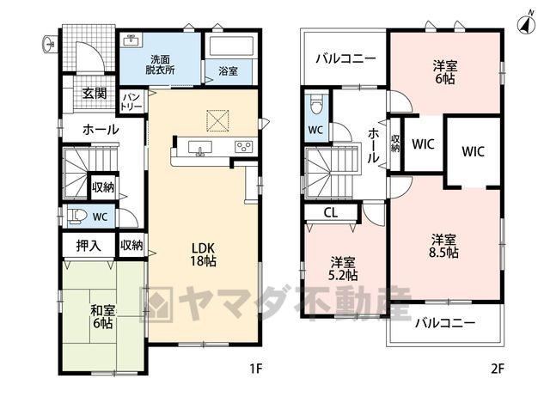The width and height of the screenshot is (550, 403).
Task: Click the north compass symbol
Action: (527, 24)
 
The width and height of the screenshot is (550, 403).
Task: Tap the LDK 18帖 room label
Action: (203, 254)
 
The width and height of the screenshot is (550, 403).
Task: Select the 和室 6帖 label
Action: (103, 317)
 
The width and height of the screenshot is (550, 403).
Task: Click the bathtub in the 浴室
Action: (231, 46)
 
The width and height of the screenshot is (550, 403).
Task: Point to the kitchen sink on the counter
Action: (200, 147)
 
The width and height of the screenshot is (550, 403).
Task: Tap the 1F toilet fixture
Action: (78, 216)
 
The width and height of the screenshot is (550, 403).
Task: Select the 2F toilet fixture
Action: (315, 103)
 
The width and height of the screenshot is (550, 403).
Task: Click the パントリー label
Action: (131, 101)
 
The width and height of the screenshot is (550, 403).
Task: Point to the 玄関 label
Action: (95, 94)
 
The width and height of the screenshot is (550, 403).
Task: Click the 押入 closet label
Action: (89, 246)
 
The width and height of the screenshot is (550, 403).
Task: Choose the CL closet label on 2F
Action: (330, 212)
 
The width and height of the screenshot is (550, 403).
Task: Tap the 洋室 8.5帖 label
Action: (444, 246)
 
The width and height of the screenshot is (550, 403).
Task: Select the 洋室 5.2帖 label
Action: (343, 269)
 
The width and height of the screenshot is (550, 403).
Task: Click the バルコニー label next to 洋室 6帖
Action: (345, 58)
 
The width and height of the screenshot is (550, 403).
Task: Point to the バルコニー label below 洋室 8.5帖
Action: (445, 323)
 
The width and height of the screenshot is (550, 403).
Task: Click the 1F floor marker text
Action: (256, 369)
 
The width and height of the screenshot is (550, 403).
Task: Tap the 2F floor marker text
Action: (497, 369)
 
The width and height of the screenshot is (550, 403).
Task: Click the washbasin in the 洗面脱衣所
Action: (132, 40)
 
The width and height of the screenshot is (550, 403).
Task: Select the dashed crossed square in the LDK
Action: (217, 121)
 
